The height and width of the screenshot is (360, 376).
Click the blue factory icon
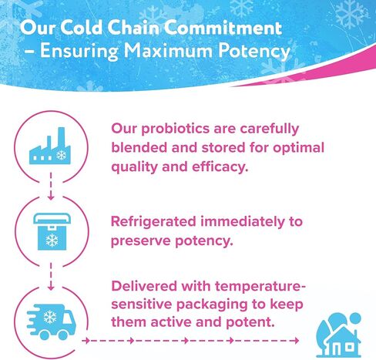[50, 146]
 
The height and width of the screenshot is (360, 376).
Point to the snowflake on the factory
[62, 155]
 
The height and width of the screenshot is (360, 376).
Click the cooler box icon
[52, 231]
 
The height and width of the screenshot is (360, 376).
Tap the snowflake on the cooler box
[52, 241]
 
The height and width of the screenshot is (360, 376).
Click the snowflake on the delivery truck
[50, 317]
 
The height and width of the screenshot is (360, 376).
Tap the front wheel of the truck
[63, 335]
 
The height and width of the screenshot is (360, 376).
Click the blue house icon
[339, 335]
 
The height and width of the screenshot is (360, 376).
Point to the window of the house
[349, 347]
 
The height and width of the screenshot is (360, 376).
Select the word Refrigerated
[153, 222]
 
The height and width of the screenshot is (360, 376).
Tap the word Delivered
[144, 286]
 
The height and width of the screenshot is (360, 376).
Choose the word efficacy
[220, 167]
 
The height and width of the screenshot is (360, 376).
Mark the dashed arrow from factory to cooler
[51, 186]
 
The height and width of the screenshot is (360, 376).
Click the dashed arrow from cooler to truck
[51, 277]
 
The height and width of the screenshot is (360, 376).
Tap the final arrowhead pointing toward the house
[297, 341]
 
